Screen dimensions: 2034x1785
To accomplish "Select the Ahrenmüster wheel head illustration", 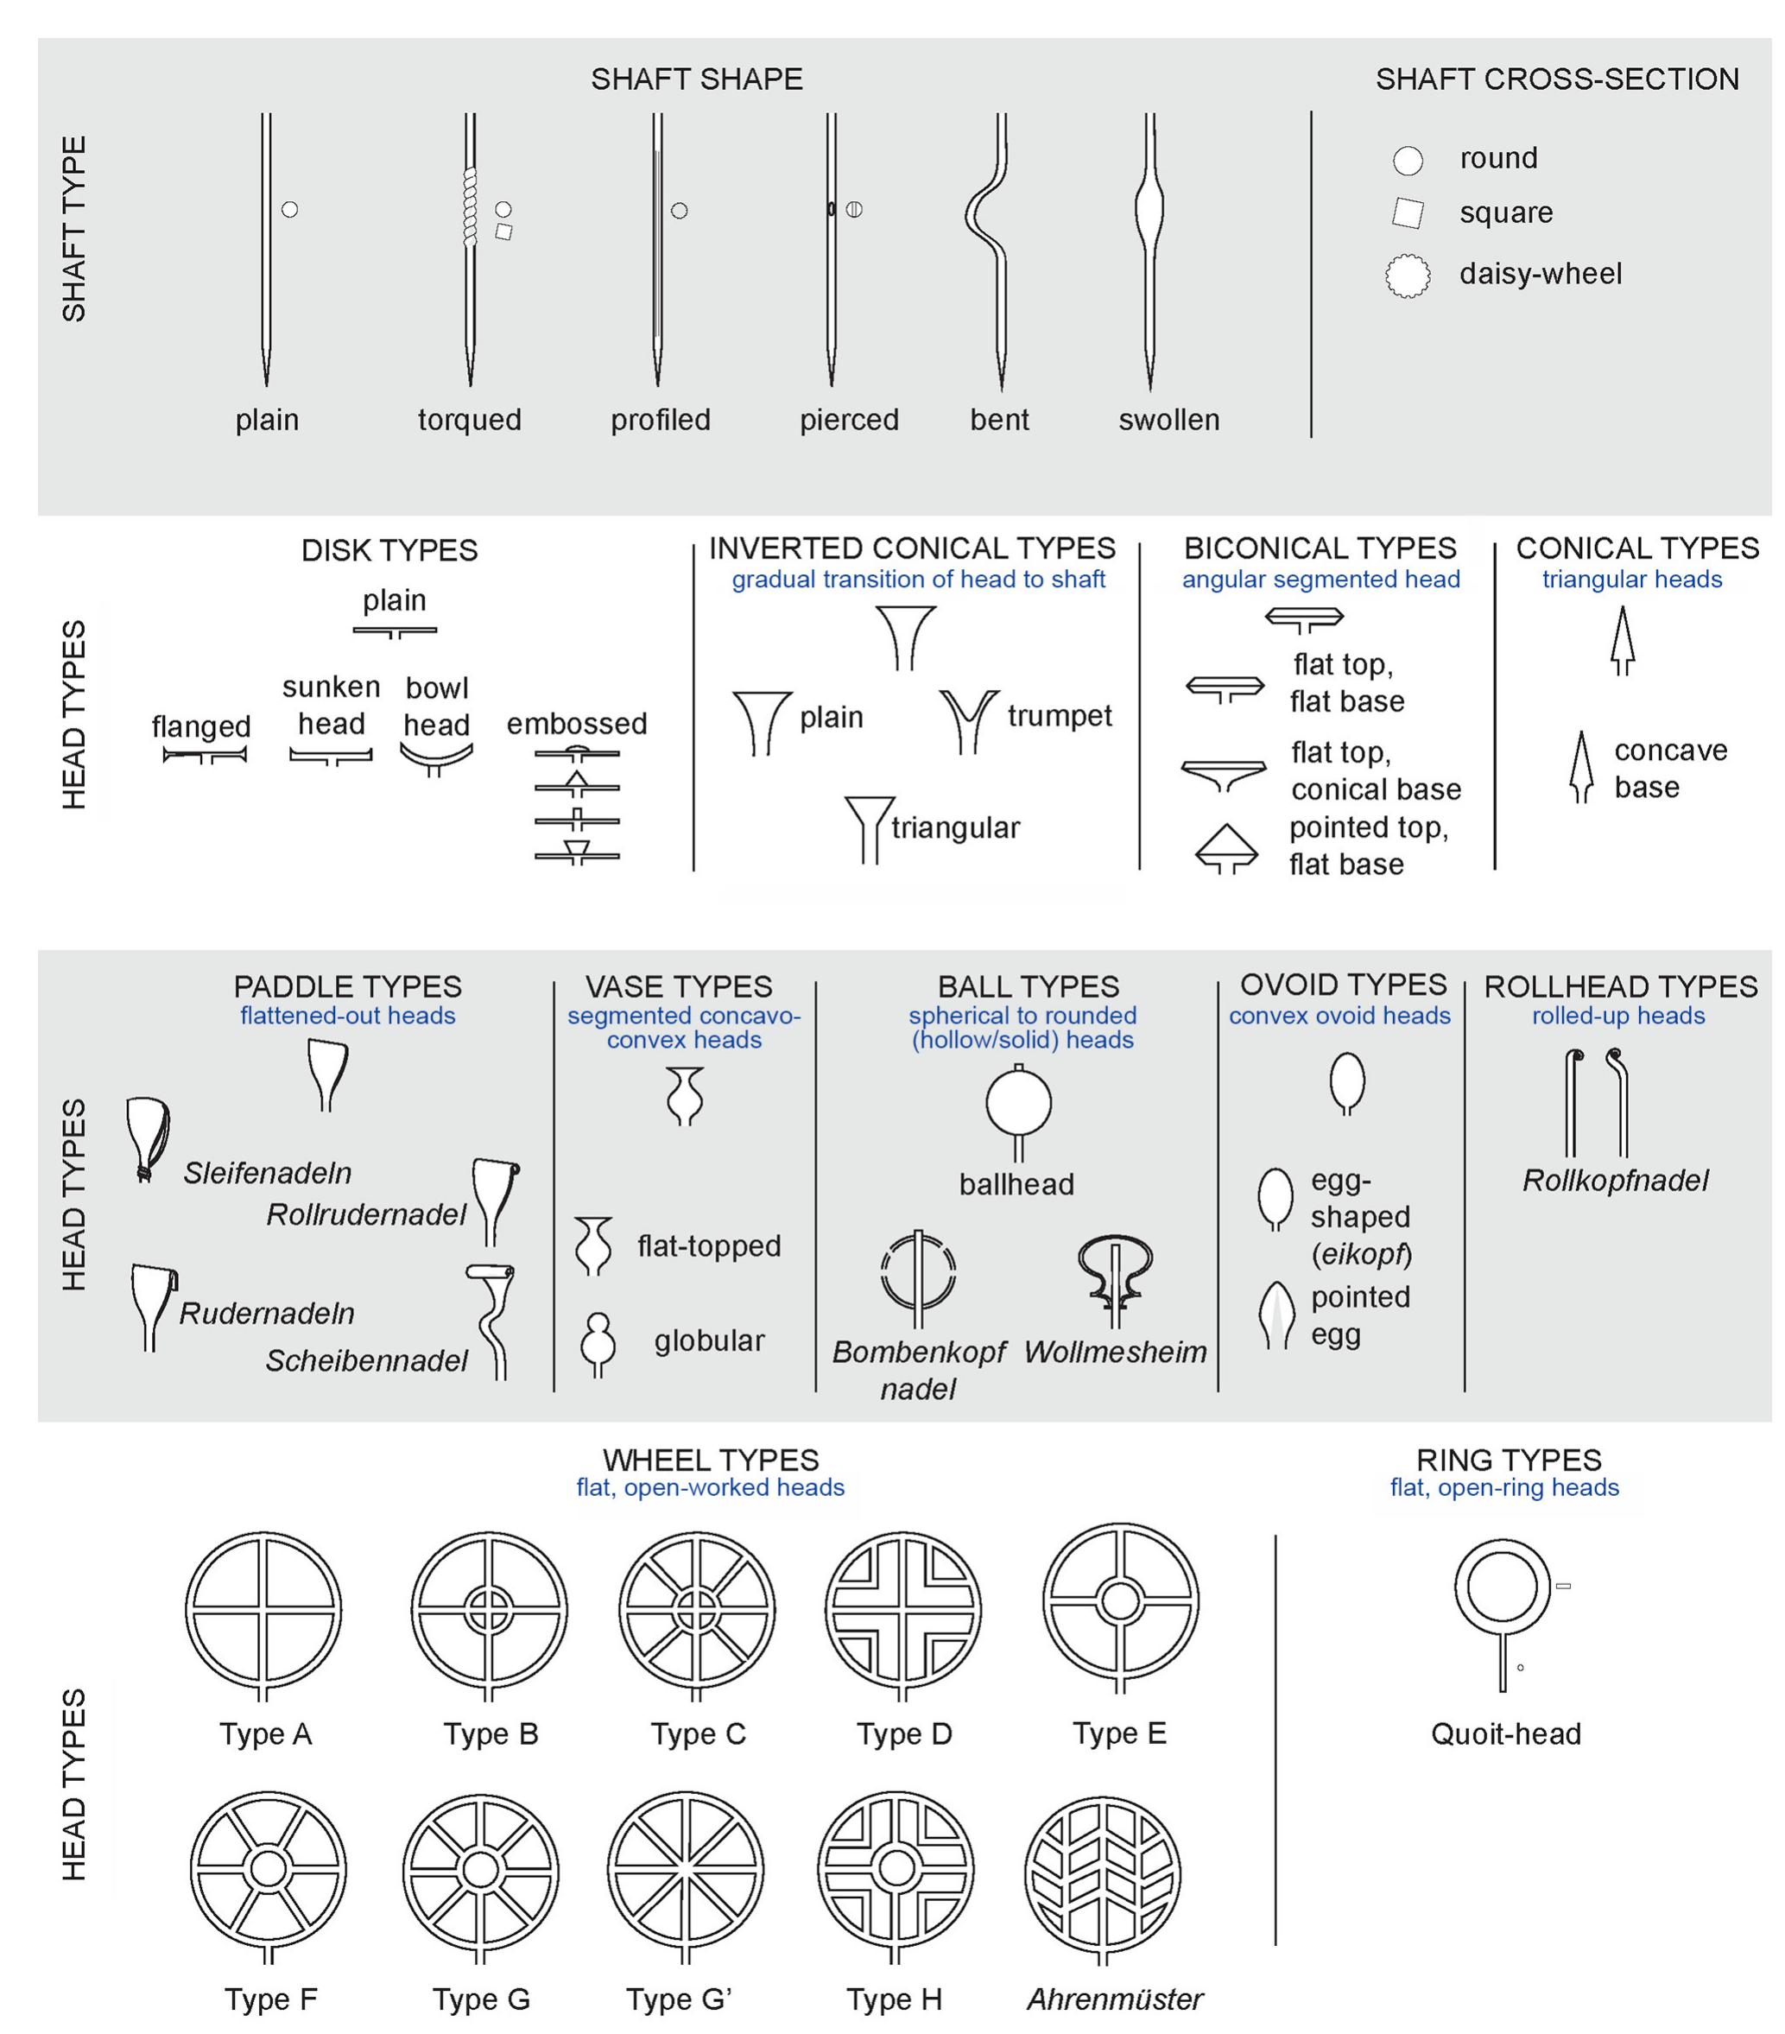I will [x=1101, y=1874].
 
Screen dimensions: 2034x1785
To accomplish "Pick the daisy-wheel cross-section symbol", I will [x=1407, y=276].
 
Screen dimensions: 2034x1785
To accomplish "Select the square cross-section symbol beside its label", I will [x=1407, y=213].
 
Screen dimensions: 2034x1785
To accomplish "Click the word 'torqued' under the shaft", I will [x=470, y=420].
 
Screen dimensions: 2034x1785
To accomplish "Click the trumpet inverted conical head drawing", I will [x=967, y=720].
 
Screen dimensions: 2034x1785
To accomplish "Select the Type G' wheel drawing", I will [x=685, y=1874].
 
